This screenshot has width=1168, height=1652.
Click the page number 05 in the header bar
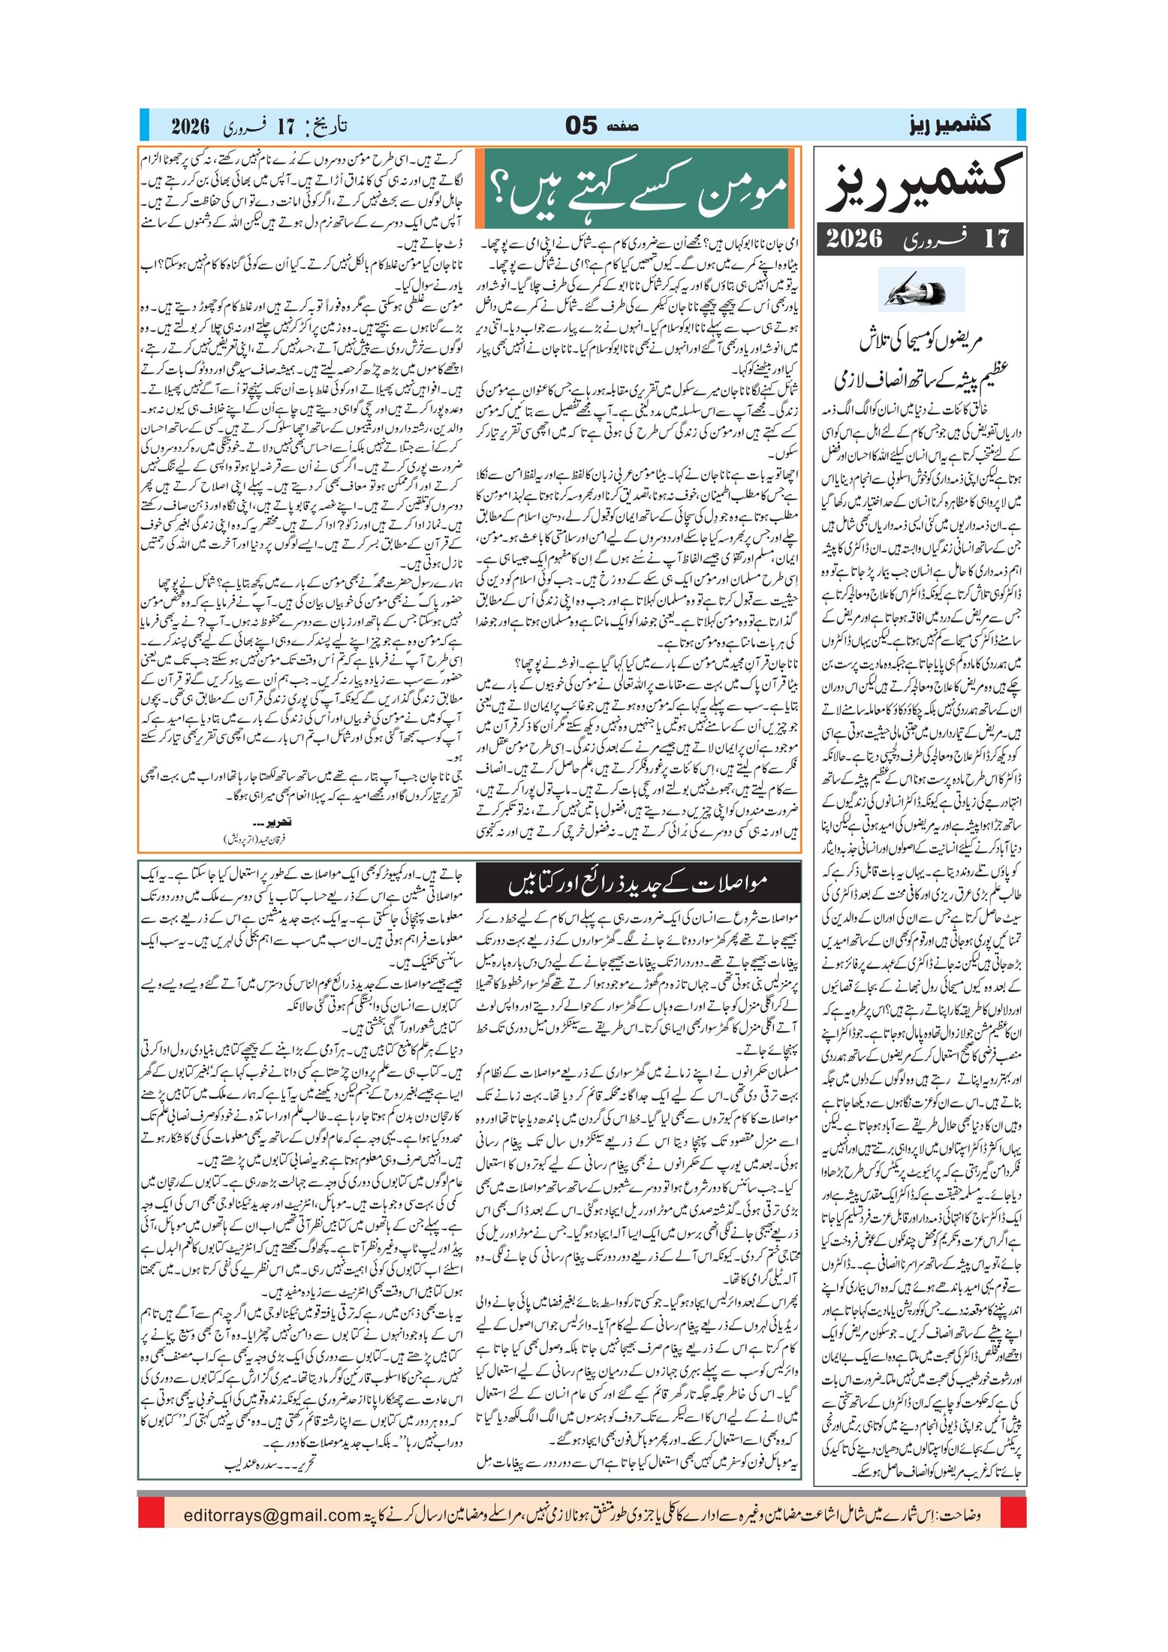tap(581, 125)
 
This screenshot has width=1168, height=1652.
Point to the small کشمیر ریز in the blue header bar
tap(948, 125)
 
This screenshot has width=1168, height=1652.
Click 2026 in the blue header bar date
tap(190, 125)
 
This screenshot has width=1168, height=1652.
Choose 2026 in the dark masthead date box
tap(854, 239)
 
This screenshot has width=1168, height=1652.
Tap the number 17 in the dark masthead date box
tap(997, 239)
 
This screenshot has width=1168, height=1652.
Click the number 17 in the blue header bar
tap(286, 125)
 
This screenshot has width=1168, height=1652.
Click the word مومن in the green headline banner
tap(744, 190)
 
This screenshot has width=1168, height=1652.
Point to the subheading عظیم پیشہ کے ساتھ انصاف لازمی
tap(920, 379)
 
